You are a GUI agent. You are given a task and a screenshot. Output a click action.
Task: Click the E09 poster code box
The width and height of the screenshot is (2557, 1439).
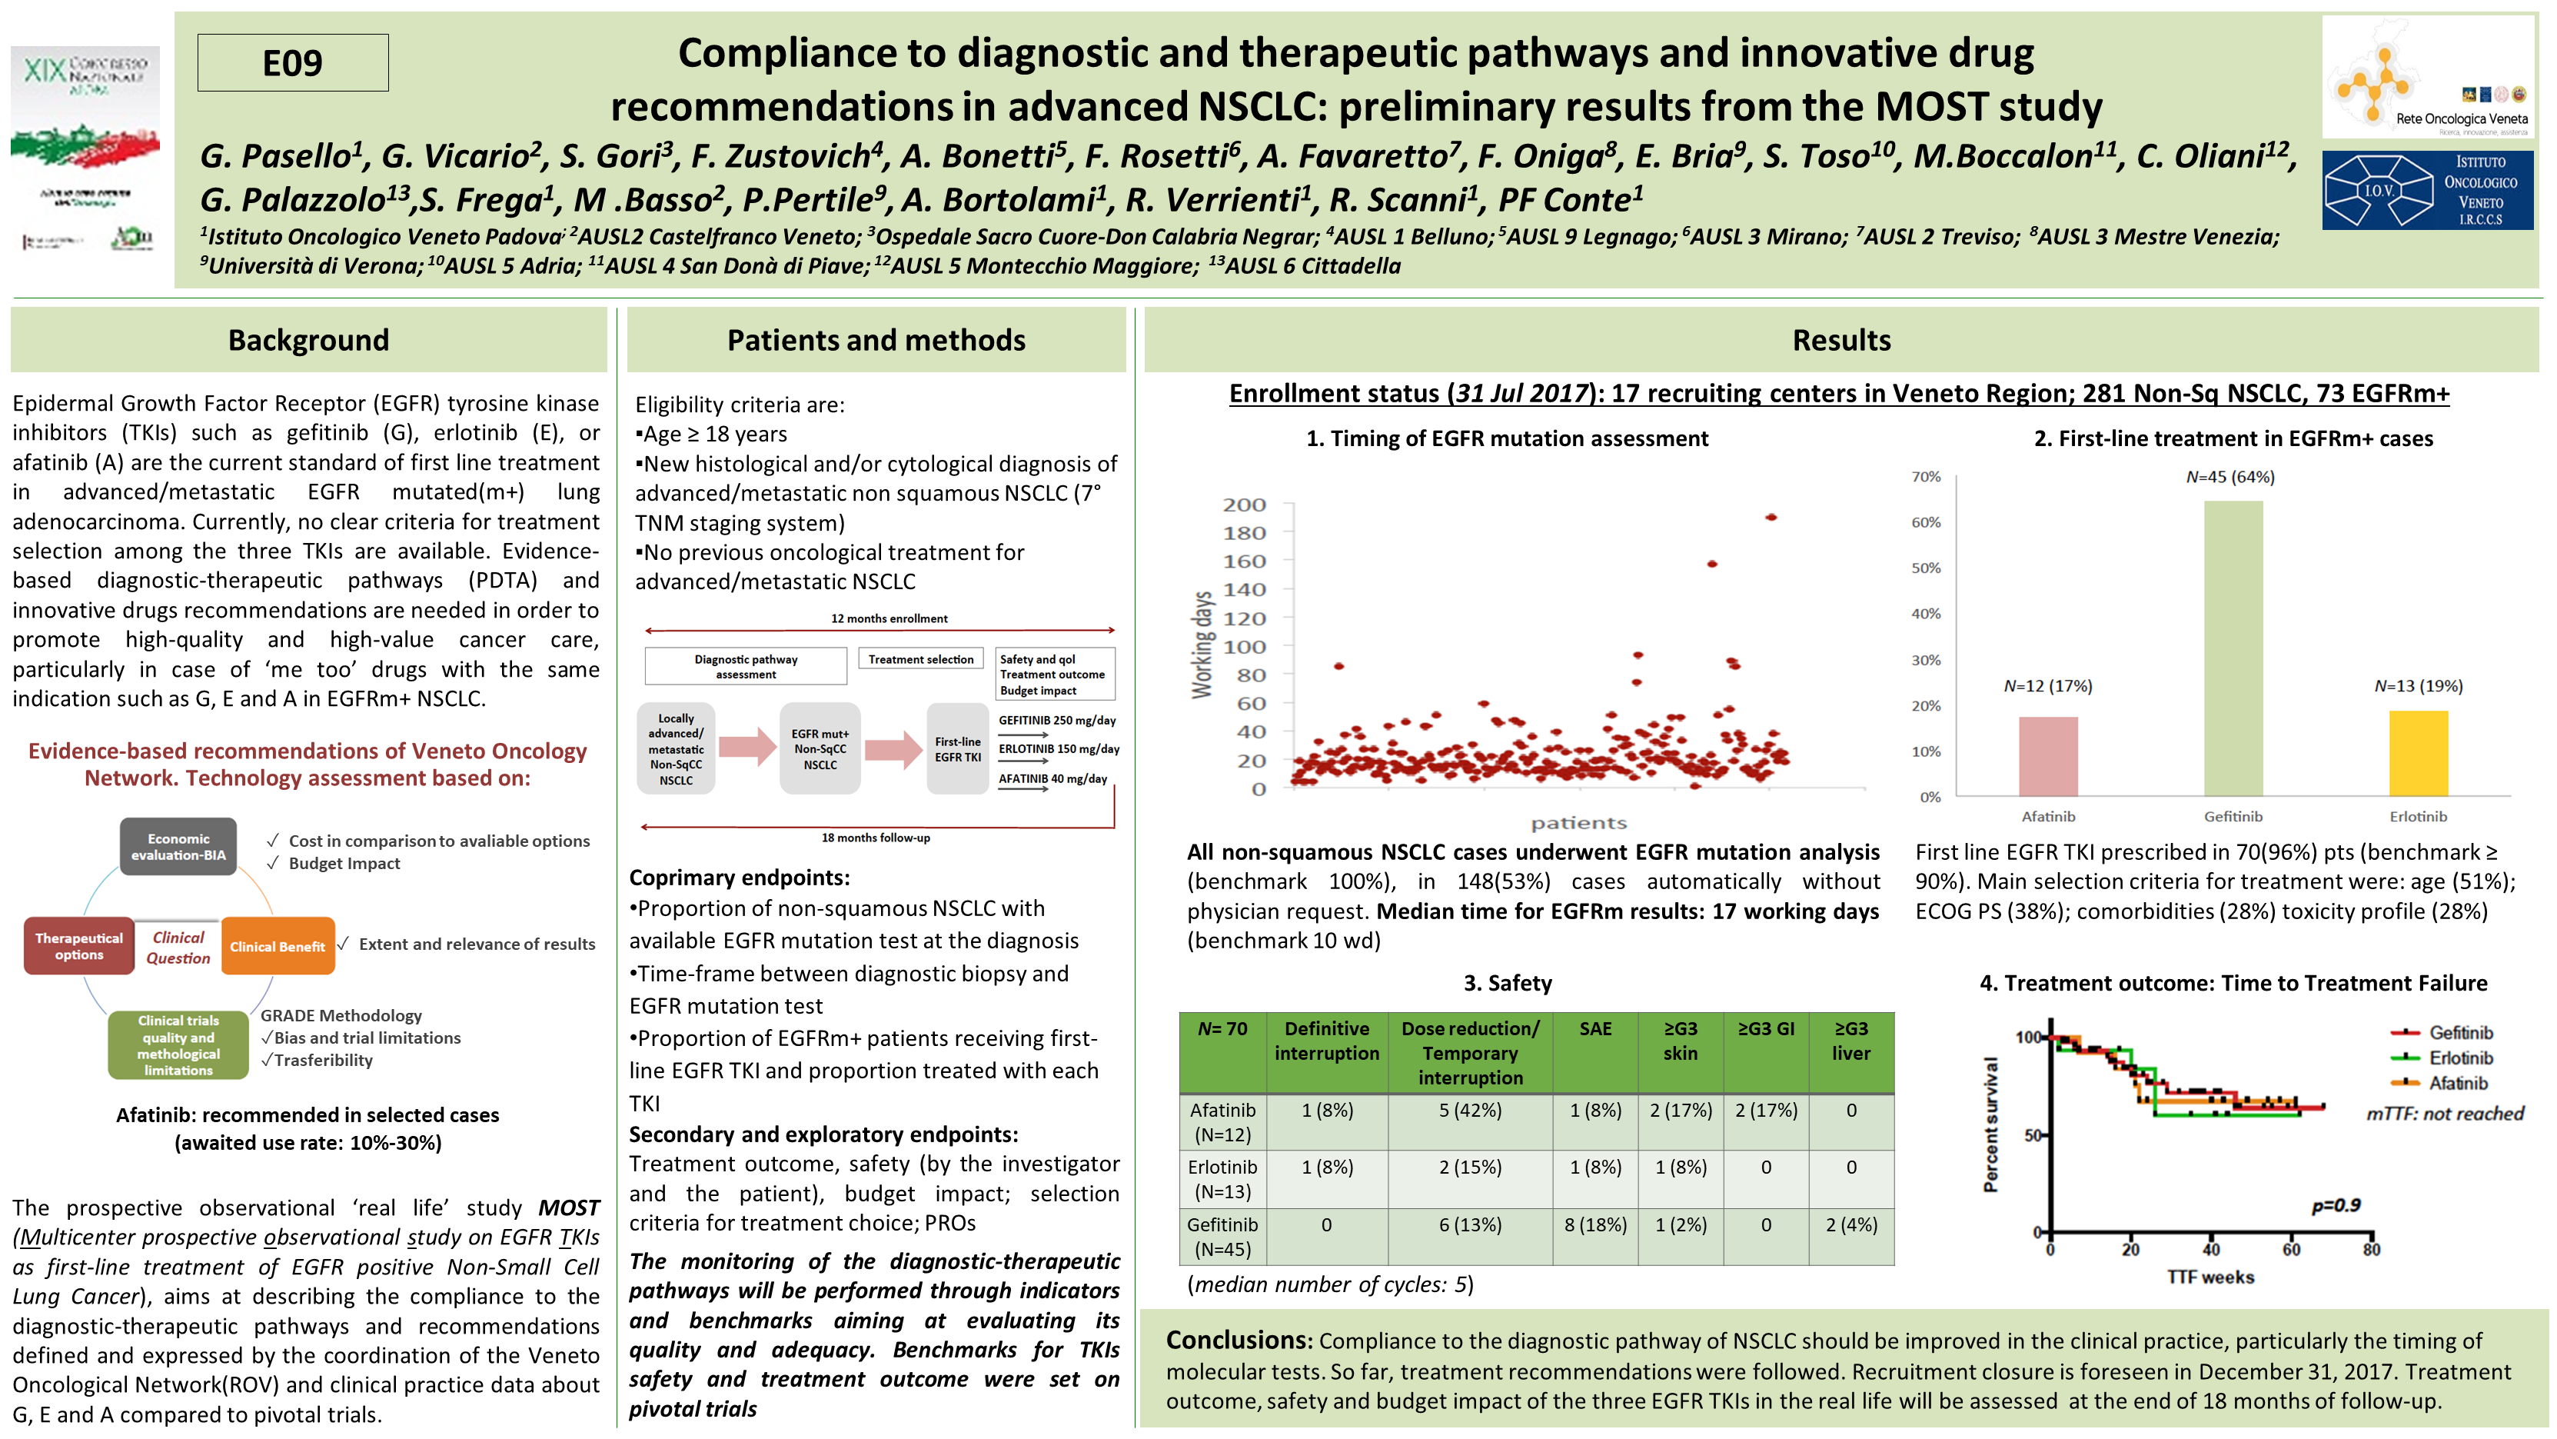pos(293,62)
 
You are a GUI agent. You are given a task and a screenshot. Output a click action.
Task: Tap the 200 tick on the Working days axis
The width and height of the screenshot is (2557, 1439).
pos(1244,505)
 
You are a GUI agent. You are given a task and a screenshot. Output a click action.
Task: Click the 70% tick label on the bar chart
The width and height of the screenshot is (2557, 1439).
pos(1926,477)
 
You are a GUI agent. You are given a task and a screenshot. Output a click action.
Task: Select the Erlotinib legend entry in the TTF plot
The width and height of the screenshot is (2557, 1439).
pos(2459,1058)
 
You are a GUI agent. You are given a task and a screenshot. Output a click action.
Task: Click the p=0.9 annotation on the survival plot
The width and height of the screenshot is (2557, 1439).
pos(2336,1204)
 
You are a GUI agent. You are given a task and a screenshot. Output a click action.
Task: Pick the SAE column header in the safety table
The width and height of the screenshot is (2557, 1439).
pos(1595,1029)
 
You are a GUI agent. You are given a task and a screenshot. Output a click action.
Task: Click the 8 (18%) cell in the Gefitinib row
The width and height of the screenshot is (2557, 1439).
pos(1595,1224)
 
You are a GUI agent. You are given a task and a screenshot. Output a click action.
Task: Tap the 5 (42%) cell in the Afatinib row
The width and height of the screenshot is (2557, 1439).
pos(1470,1111)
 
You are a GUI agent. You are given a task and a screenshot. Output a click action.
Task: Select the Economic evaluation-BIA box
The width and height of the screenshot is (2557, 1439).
pos(178,846)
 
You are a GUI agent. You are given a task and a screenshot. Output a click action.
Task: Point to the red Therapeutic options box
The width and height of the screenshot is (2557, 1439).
pos(79,945)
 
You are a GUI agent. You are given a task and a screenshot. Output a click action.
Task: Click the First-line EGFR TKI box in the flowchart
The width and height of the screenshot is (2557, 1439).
pos(957,749)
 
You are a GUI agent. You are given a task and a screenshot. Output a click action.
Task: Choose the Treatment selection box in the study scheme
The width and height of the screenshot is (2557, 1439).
pos(920,659)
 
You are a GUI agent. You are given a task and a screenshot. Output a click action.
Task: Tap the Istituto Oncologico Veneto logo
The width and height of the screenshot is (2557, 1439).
pos(2427,190)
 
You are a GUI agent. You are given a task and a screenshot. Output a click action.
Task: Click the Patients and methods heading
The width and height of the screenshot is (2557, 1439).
pos(876,340)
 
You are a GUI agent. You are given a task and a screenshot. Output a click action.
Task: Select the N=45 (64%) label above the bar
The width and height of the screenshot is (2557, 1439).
pos(2229,477)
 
